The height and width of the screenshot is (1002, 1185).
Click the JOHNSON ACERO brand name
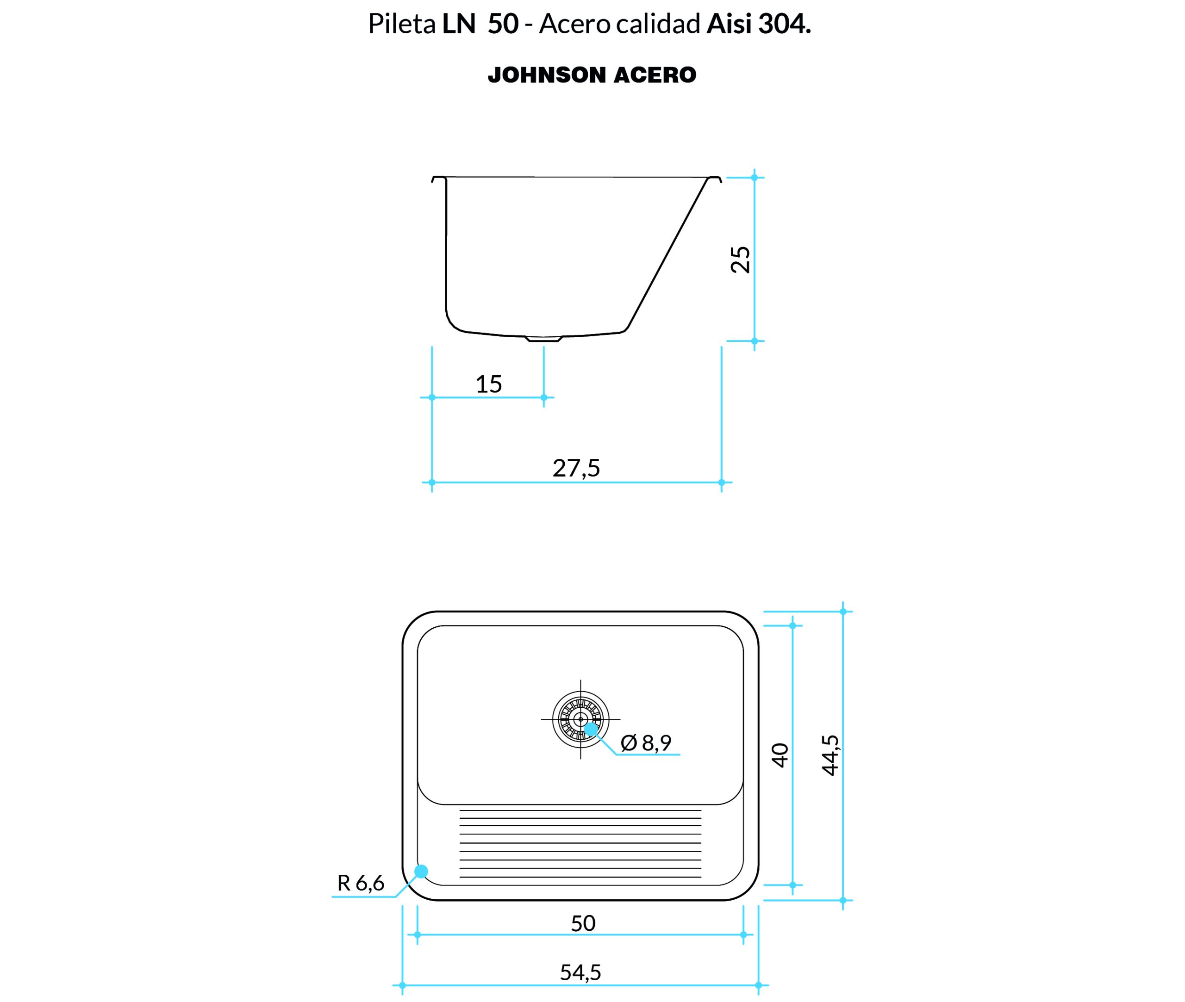(592, 75)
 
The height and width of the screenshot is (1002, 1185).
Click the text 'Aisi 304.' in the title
(758, 25)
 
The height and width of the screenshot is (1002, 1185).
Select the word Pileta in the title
(402, 25)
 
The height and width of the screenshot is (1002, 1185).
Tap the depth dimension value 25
(740, 260)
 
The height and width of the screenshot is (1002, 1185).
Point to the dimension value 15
(489, 384)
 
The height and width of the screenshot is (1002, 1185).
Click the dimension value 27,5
(576, 468)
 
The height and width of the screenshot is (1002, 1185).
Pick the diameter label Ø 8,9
(646, 742)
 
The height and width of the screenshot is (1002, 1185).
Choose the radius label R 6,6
(361, 883)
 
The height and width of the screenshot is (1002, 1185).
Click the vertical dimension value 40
(780, 755)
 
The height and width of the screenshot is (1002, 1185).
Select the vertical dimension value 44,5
(830, 755)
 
